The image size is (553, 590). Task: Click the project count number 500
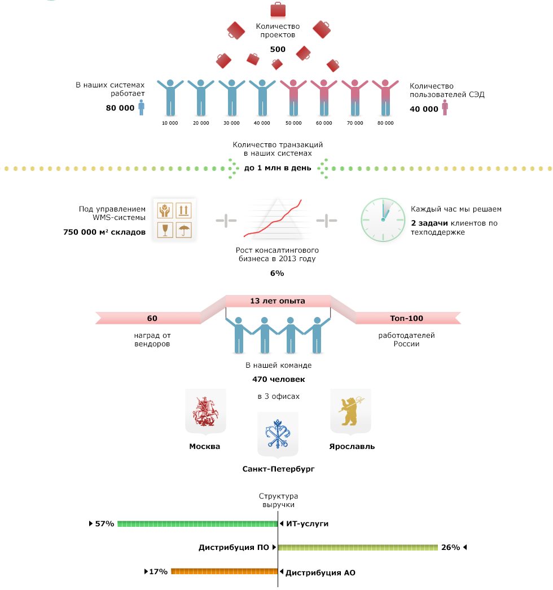(x=278, y=49)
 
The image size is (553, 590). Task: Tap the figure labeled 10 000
(x=170, y=98)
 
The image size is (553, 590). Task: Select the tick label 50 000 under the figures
(x=293, y=123)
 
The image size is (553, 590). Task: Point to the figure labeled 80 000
(x=385, y=98)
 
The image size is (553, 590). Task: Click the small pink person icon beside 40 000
(x=445, y=107)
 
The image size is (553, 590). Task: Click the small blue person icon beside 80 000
(x=142, y=107)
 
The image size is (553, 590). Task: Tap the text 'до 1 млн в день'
(x=278, y=168)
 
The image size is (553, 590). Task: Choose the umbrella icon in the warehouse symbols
(x=184, y=230)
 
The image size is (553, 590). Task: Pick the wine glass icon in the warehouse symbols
(x=165, y=230)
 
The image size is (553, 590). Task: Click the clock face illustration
(x=383, y=220)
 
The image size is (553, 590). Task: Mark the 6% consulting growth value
(x=277, y=273)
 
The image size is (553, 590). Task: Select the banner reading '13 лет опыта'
(x=278, y=301)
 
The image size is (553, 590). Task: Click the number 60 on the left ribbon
(x=152, y=318)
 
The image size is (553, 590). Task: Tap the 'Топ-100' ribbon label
(x=406, y=318)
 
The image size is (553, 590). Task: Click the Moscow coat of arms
(x=205, y=411)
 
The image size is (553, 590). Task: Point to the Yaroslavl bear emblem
(x=351, y=411)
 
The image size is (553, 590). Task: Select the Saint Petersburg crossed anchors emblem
(x=278, y=434)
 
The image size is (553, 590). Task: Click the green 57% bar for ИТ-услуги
(x=197, y=524)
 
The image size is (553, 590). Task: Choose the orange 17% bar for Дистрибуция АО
(x=225, y=571)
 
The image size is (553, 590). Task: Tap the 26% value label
(x=451, y=548)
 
